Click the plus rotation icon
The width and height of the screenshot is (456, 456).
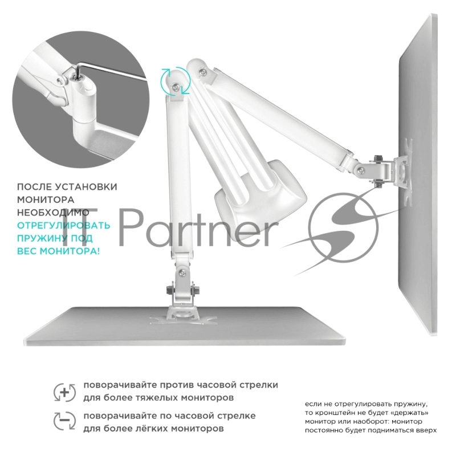(x=64, y=392)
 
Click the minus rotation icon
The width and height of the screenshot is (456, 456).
(x=64, y=421)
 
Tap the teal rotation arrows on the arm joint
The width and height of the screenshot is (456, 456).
(x=176, y=81)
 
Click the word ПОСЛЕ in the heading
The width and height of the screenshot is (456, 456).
(x=34, y=187)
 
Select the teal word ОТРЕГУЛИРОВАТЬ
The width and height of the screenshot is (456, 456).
(x=64, y=225)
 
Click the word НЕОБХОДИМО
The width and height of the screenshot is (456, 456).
(x=53, y=212)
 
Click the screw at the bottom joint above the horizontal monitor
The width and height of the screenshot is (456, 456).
(x=182, y=273)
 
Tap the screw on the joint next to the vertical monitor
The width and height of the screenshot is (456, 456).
(x=361, y=170)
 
